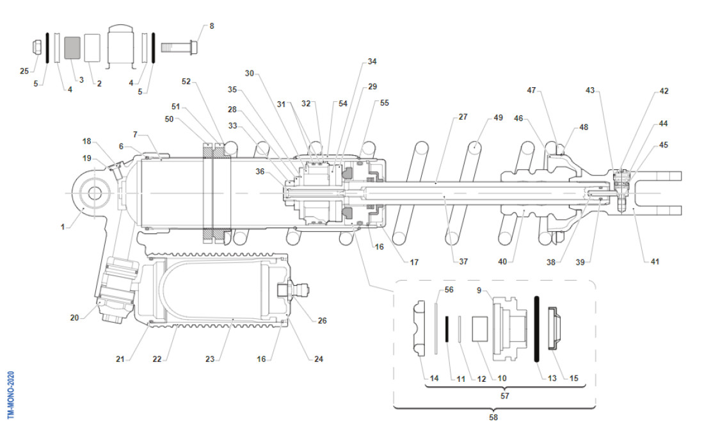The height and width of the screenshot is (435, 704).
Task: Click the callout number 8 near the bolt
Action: [212, 26]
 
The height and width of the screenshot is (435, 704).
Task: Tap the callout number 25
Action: [24, 70]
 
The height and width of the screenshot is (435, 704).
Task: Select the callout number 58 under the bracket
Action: [493, 418]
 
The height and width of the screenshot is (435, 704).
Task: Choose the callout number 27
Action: [463, 118]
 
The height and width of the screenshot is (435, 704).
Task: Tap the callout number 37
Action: [463, 261]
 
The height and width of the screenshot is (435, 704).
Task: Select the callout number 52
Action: [186, 81]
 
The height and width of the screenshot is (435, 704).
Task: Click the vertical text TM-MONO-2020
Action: [10, 395]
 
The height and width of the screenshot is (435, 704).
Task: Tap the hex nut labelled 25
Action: [38, 47]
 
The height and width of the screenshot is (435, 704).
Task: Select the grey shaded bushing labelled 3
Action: [72, 47]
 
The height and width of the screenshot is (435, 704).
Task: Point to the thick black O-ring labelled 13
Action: [538, 327]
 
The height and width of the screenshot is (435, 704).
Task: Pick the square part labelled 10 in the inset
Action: [480, 328]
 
